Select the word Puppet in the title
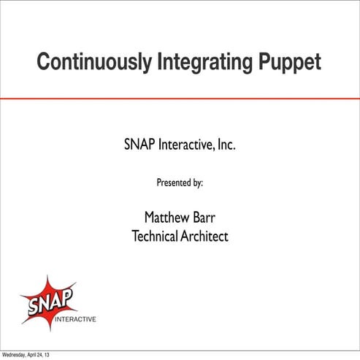click(x=289, y=63)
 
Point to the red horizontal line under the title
click(x=180, y=98)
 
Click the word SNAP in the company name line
click(x=139, y=146)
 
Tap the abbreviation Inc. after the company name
click(x=226, y=146)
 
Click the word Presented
click(x=173, y=183)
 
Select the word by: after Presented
click(x=197, y=183)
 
